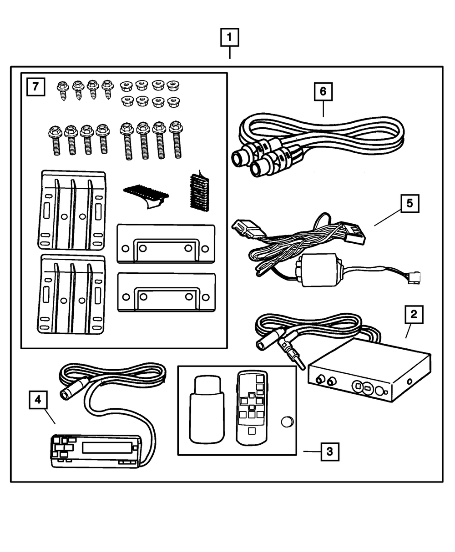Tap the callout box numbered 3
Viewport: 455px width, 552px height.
[x=329, y=452]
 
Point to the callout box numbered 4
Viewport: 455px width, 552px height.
[x=38, y=400]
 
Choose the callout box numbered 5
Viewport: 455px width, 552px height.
[x=409, y=204]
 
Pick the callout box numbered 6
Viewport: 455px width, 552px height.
[x=323, y=91]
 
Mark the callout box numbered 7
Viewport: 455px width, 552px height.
[x=35, y=86]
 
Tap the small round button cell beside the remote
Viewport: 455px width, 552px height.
[x=287, y=422]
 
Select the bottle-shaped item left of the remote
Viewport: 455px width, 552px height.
[x=207, y=408]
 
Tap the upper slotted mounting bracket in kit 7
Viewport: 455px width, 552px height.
[x=73, y=210]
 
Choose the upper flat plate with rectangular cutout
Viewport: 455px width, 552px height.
[x=166, y=243]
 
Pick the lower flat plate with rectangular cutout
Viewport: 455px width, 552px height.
[x=166, y=292]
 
